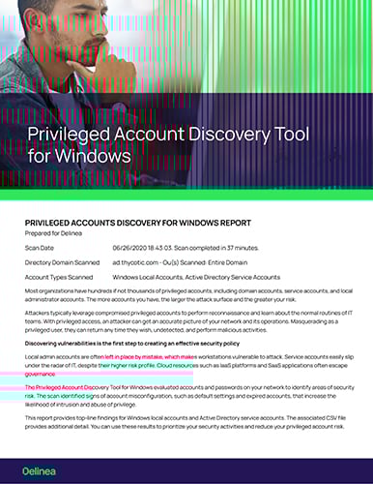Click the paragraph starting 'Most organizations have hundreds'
[x=184, y=294]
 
